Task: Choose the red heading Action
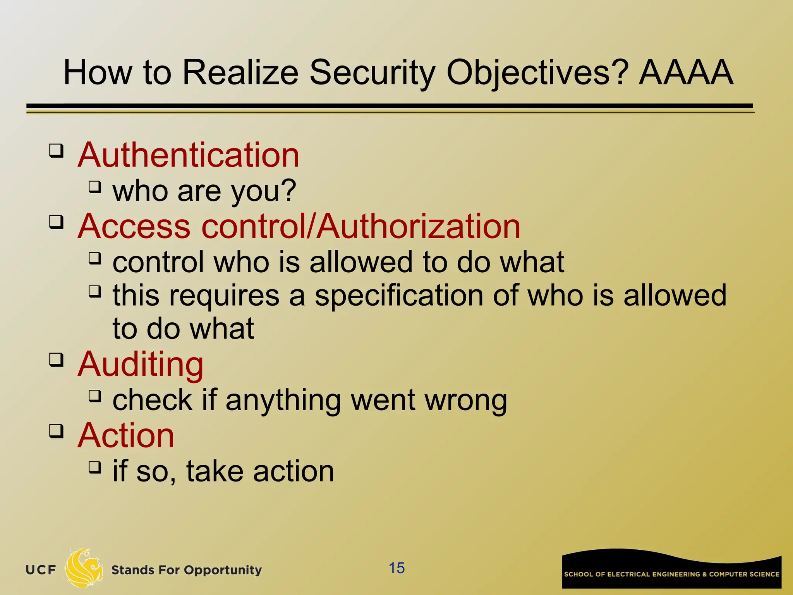126,435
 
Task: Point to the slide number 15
396,568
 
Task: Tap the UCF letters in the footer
41,570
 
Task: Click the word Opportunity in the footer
223,570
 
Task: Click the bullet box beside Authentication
56,150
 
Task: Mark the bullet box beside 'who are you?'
94,187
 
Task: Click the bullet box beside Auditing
56,359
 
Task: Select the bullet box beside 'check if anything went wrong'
94,396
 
